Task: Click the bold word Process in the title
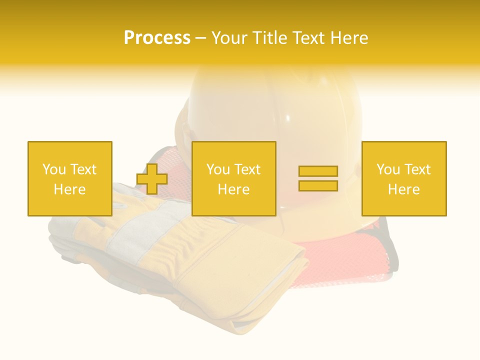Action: tap(157, 38)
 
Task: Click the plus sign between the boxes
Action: tap(152, 179)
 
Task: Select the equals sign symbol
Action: tap(318, 178)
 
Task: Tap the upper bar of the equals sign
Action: tap(318, 171)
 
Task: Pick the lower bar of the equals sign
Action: tap(318, 185)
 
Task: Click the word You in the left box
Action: tap(53, 169)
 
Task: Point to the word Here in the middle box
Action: tap(233, 189)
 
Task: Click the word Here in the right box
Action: tap(403, 189)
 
